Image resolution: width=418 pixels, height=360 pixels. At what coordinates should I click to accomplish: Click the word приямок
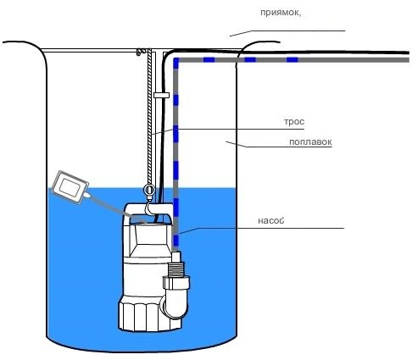click(279, 13)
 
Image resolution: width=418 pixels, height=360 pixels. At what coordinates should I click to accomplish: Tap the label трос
click(294, 122)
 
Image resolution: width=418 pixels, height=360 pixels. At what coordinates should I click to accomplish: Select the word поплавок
click(310, 141)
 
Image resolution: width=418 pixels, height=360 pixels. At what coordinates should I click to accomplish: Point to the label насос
click(270, 220)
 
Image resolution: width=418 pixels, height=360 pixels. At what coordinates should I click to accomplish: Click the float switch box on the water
click(70, 186)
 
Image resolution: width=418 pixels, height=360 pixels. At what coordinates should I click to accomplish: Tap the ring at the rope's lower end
click(148, 190)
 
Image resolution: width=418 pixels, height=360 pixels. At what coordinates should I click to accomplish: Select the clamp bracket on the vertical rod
click(161, 95)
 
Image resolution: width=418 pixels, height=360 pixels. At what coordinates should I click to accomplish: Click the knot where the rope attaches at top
click(139, 52)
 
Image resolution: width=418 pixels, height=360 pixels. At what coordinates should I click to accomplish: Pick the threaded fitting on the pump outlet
click(176, 269)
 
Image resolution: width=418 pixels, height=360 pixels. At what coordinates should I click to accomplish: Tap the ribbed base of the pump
click(149, 315)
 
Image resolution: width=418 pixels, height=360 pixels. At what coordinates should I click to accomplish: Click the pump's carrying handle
click(149, 211)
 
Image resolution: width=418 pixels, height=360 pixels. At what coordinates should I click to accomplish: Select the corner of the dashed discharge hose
click(176, 60)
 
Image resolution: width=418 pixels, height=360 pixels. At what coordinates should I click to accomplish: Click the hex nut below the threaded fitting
click(176, 283)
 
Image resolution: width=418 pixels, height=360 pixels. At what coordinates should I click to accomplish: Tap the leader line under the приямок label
click(287, 33)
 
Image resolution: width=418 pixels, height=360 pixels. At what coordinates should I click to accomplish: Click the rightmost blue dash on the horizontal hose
click(292, 59)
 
